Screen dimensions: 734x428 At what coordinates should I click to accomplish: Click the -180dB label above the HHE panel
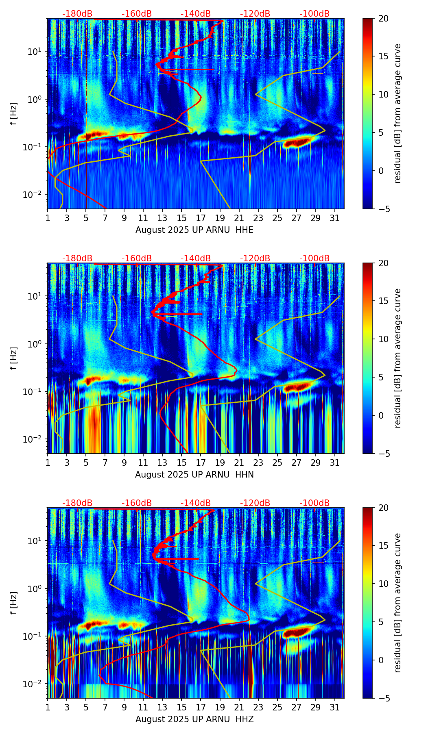pyautogui.click(x=77, y=14)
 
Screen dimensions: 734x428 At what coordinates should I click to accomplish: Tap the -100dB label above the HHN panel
pyautogui.click(x=314, y=258)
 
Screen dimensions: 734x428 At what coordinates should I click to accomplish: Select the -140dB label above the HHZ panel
pyautogui.click(x=196, y=503)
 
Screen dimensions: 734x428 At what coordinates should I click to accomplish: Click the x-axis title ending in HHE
pyautogui.click(x=194, y=230)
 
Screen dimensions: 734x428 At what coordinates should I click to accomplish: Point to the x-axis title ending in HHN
pyautogui.click(x=194, y=475)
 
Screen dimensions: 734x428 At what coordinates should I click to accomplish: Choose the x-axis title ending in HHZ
pyautogui.click(x=194, y=719)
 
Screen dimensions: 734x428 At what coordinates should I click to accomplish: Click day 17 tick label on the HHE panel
pyautogui.click(x=201, y=218)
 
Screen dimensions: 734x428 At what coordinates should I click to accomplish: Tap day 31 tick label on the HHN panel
pyautogui.click(x=334, y=463)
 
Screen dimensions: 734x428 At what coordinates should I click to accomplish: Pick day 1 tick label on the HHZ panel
pyautogui.click(x=48, y=708)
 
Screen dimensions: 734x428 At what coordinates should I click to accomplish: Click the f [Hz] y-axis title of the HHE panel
pyautogui.click(x=14, y=114)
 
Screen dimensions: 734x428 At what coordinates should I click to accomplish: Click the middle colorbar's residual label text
pyautogui.click(x=397, y=358)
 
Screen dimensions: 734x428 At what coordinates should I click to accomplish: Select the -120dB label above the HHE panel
pyautogui.click(x=255, y=14)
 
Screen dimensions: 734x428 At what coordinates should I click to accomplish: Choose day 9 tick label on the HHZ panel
pyautogui.click(x=124, y=708)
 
